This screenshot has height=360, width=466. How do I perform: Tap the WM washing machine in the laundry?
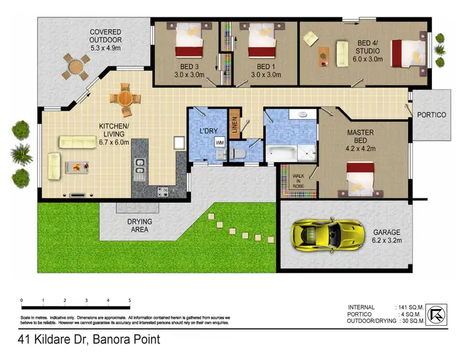[x=219, y=142]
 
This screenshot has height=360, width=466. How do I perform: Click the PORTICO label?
[x=431, y=115]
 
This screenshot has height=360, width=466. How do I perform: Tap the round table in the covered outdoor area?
[x=75, y=65]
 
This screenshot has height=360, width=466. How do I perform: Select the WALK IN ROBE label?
[x=299, y=180]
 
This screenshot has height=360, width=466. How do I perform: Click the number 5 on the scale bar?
[x=129, y=301]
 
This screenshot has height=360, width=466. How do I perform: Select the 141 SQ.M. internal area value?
[x=410, y=307]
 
